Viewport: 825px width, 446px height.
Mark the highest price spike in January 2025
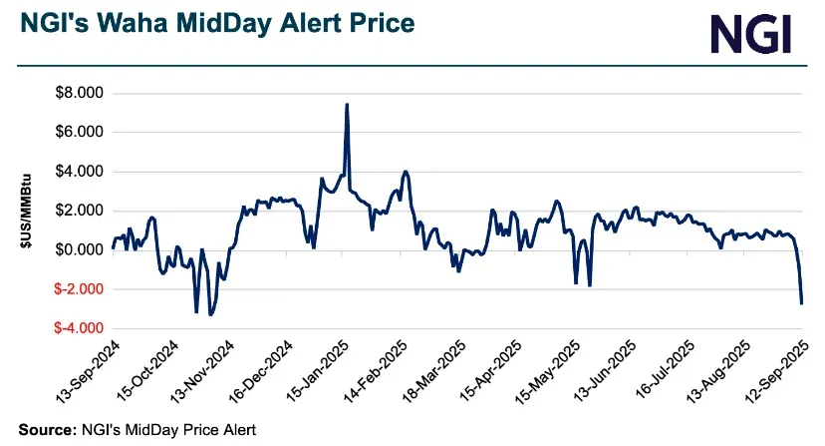pos(346,104)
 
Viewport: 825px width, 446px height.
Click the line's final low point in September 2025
pos(802,302)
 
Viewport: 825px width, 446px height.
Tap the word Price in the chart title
pos(368,22)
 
